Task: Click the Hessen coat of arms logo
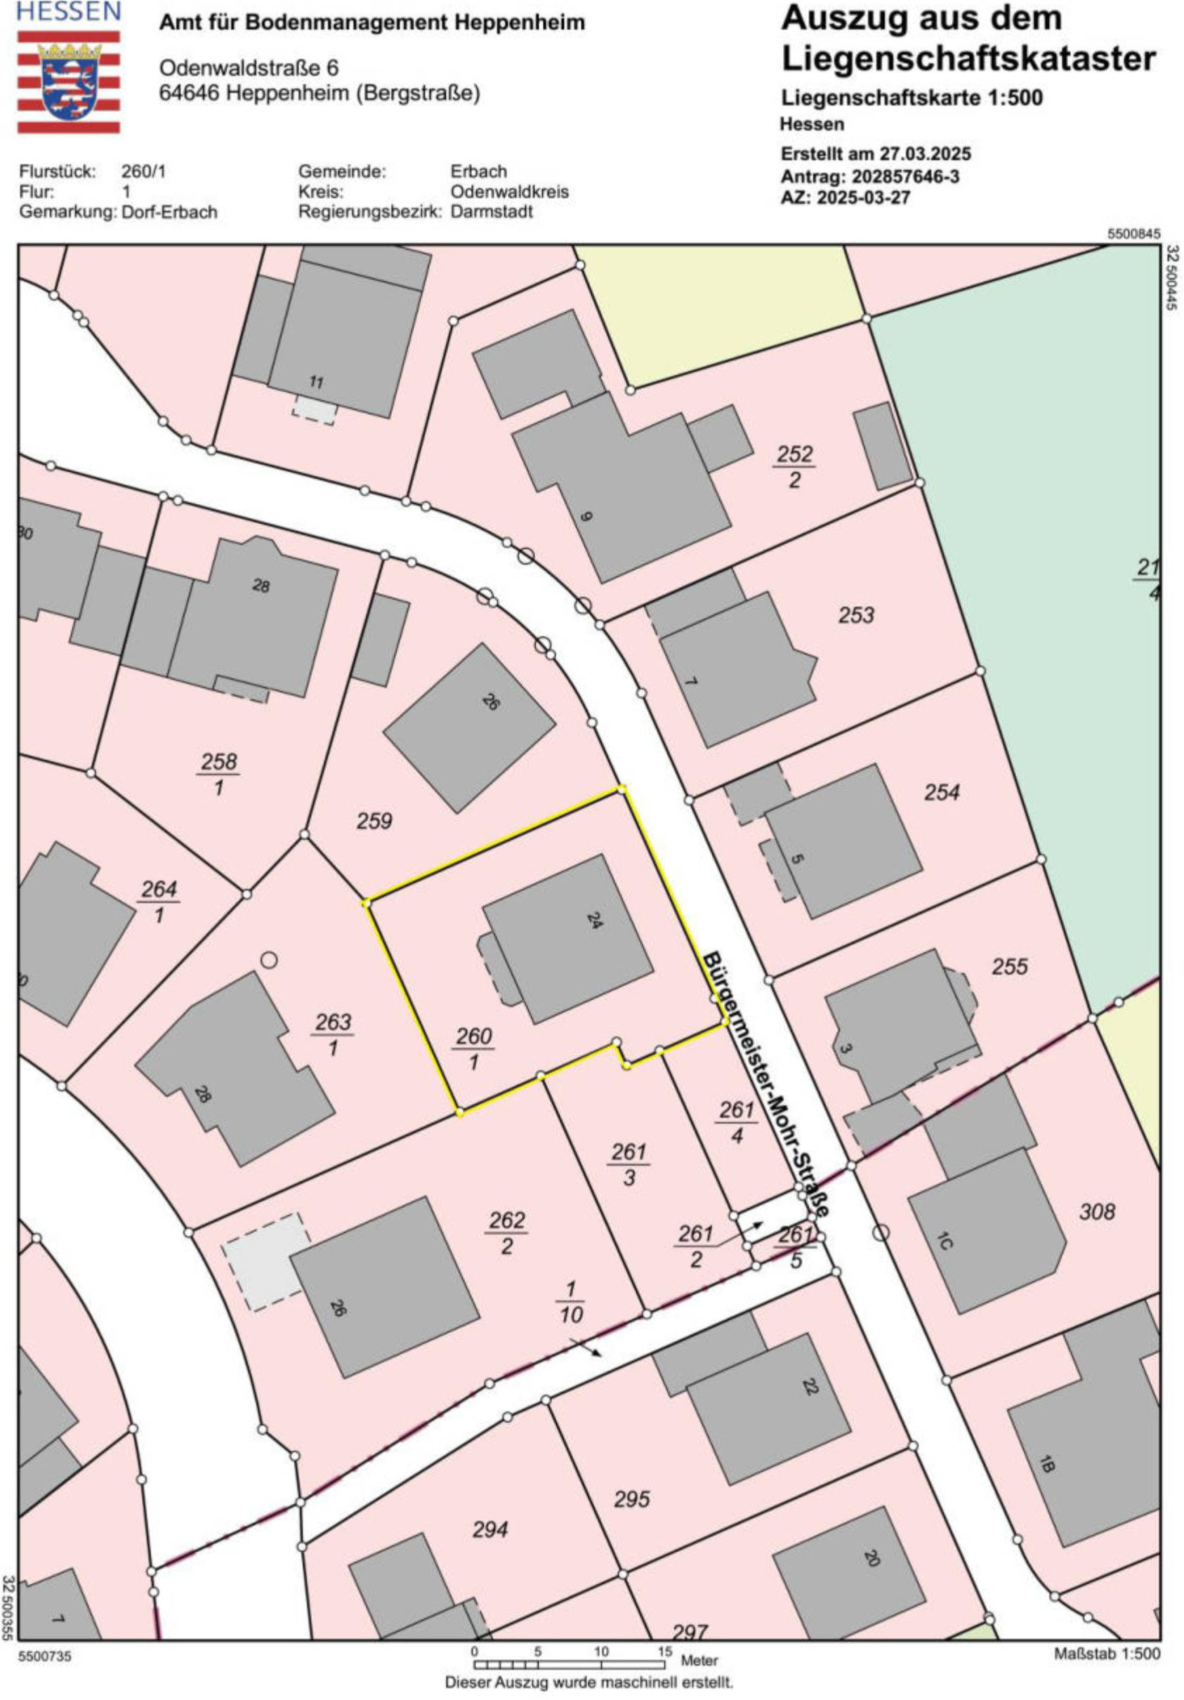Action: (68, 81)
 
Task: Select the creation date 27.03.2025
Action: (925, 154)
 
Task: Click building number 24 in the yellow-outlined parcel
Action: (594, 921)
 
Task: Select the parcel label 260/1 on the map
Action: (474, 1048)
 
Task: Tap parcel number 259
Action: (374, 821)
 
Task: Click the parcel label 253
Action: (856, 614)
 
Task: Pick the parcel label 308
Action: (1097, 1211)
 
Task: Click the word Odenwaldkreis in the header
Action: (509, 191)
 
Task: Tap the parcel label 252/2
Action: (794, 466)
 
